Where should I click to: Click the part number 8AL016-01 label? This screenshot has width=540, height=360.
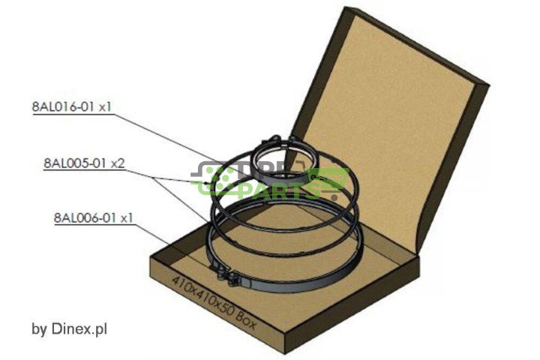(61, 106)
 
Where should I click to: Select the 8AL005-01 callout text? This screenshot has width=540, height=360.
(72, 162)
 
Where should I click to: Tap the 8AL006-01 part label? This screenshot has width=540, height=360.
(82, 218)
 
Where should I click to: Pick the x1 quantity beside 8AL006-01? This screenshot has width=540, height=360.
(125, 218)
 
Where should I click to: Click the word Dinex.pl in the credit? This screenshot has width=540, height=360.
(79, 328)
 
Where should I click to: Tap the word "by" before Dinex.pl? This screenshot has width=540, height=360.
(39, 329)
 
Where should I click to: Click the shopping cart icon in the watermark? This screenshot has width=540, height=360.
(326, 180)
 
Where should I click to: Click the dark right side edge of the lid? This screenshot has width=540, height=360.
(449, 165)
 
